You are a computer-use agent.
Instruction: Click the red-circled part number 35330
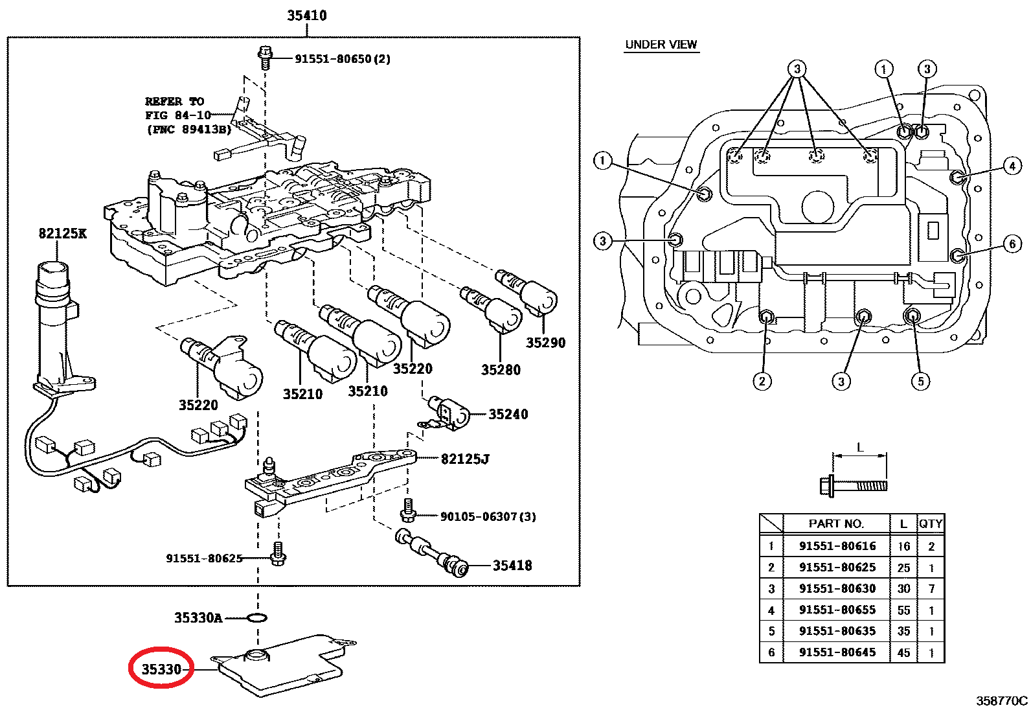161,669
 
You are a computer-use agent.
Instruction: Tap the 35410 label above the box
307,16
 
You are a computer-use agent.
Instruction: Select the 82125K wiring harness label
62,233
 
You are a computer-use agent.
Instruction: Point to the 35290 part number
545,343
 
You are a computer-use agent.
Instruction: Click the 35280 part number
501,370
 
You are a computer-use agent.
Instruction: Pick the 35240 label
508,415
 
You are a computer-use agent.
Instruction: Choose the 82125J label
465,459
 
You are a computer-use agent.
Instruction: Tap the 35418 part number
512,566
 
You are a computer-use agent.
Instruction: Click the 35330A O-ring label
198,618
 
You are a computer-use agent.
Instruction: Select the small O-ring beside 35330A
257,617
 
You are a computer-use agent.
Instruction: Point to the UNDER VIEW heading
661,45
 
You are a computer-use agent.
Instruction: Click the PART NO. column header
836,523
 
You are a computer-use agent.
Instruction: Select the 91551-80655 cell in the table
837,610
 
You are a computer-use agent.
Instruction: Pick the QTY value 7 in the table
931,589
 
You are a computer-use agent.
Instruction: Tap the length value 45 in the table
904,652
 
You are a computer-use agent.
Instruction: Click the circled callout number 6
1013,244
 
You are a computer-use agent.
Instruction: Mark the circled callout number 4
1013,166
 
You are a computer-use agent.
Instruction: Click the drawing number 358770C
1002,700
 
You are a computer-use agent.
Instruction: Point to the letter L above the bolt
860,447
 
